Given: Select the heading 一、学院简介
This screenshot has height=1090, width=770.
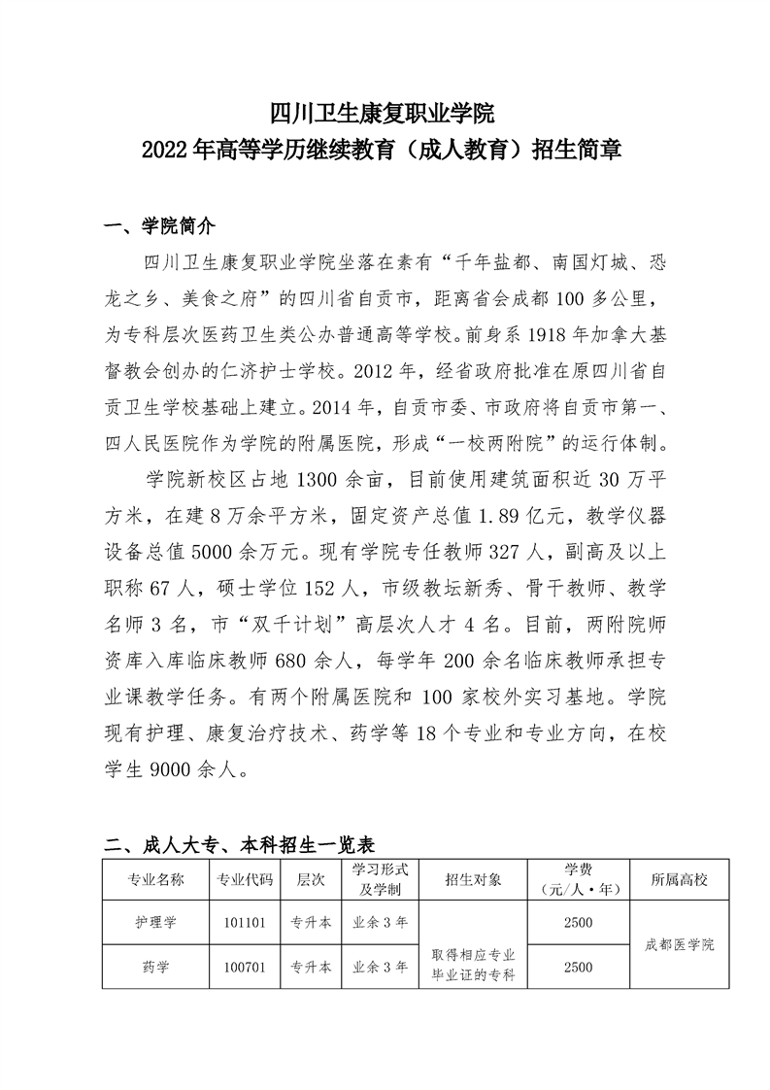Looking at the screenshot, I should (159, 227).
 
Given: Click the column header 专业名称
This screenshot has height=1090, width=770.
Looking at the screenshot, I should (155, 880).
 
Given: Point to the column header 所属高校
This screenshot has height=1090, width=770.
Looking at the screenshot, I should (680, 880).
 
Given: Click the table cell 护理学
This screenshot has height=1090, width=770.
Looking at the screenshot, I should (155, 922).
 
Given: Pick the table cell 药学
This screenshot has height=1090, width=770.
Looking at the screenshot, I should (155, 967).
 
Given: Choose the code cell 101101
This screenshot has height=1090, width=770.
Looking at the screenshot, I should (243, 922).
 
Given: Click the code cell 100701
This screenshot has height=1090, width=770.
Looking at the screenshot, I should (243, 967).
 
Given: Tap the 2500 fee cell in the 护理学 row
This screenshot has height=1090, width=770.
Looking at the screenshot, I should (577, 922).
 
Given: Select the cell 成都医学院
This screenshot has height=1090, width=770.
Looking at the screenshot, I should (680, 944).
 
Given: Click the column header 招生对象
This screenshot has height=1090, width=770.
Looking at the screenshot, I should (473, 880).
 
